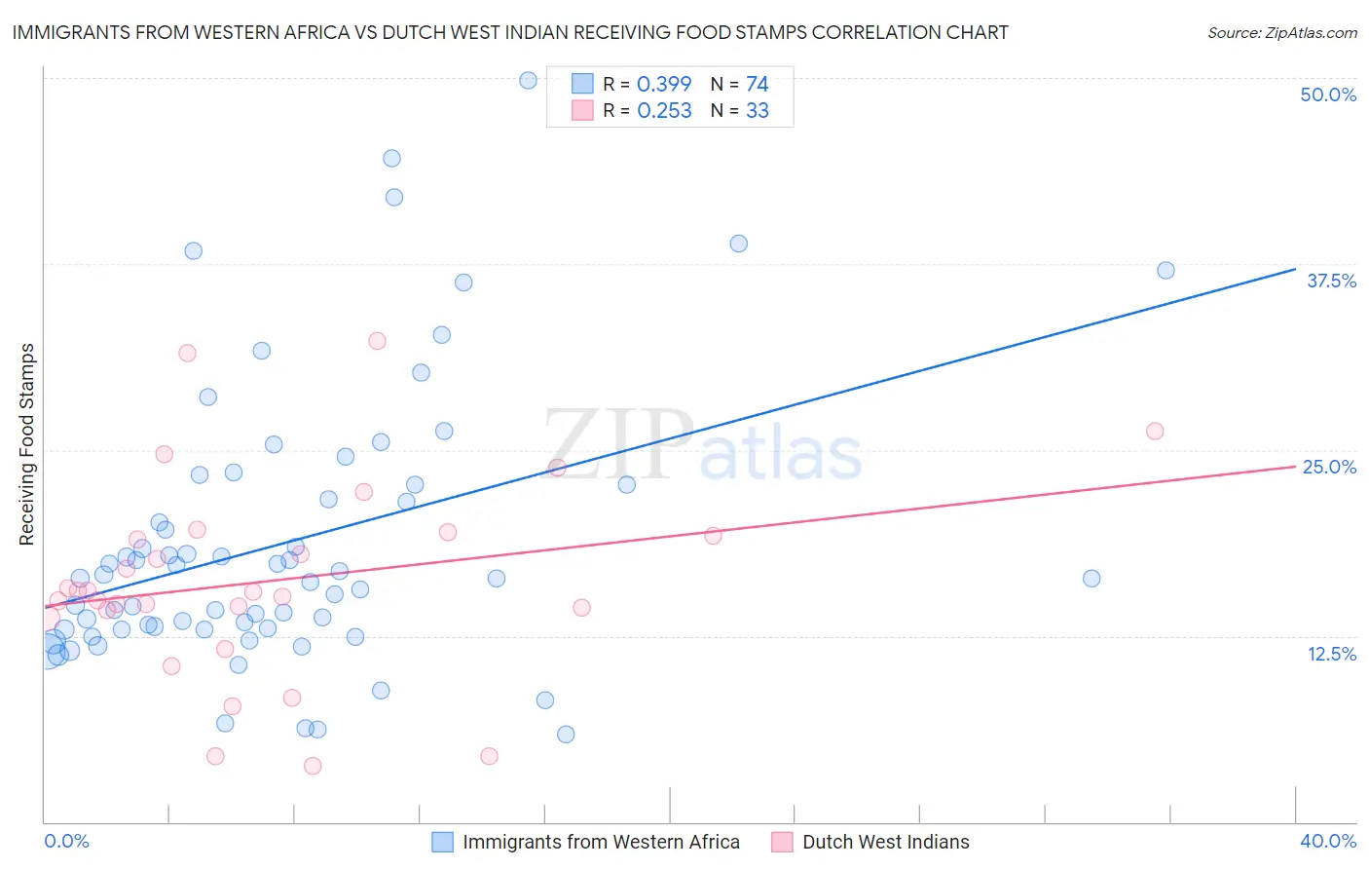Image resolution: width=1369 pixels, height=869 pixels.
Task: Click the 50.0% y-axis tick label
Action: point(1328,94)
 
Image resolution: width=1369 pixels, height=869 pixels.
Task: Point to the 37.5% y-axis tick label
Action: point(1331,281)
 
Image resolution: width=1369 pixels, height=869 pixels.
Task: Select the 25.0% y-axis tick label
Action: point(1329,467)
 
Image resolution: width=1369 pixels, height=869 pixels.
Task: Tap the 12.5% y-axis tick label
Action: point(1331,654)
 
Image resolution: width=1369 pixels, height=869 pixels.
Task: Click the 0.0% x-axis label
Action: point(66,841)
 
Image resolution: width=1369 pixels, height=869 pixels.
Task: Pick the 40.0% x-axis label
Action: point(1328,841)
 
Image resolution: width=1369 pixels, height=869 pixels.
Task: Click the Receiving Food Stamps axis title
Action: point(27,444)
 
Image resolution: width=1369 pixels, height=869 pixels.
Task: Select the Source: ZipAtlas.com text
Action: point(1281,32)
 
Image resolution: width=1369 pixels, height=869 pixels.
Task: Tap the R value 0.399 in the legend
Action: point(664,84)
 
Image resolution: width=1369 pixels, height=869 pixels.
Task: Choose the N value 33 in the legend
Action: point(757,111)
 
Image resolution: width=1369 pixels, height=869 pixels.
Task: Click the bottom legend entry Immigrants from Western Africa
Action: point(601,842)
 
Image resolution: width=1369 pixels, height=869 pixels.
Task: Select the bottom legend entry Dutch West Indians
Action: point(885,842)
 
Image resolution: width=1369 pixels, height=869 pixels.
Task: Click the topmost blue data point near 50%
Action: point(528,80)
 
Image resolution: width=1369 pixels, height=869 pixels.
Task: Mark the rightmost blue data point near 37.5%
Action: point(1165,270)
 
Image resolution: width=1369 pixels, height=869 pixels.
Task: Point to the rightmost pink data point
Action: point(1155,431)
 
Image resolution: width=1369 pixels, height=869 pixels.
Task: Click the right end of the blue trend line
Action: point(1295,269)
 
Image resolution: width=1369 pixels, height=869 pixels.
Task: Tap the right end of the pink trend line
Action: point(1295,466)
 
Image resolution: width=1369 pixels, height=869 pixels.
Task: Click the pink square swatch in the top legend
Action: point(582,110)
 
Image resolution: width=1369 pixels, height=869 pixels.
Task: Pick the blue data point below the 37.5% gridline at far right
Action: point(1091,578)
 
